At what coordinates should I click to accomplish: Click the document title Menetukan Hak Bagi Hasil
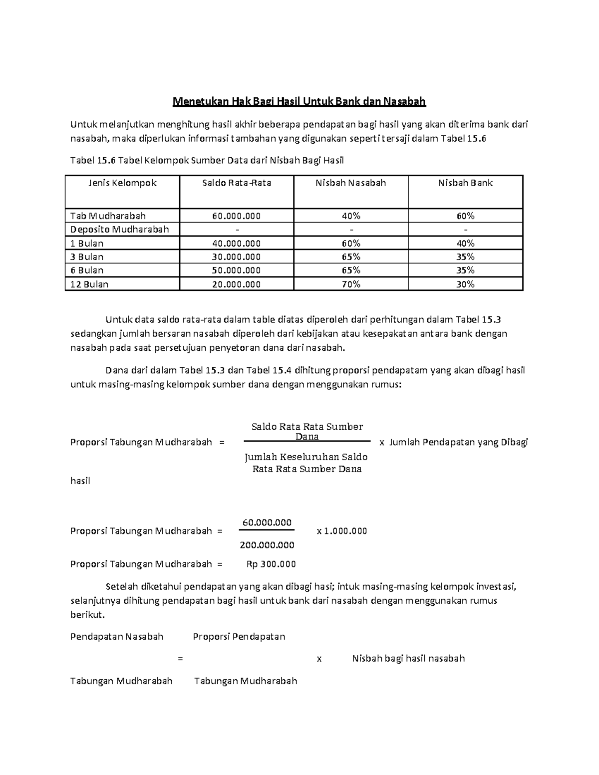coord(299,102)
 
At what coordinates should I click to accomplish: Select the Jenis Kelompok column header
coord(122,183)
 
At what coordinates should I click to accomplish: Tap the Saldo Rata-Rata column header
coord(237,183)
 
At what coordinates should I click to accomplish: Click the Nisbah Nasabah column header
coord(350,183)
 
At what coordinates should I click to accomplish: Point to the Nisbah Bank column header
coord(465,183)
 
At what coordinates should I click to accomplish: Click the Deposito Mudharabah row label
coord(120,230)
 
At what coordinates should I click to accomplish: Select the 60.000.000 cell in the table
coord(237,216)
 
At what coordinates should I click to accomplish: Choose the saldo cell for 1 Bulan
coord(237,244)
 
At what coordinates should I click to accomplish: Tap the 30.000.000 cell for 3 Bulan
coord(237,257)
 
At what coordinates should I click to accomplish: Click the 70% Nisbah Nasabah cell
coord(350,284)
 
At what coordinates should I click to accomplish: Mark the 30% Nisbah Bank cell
coord(465,284)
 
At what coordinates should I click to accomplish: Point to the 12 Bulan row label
coord(89,284)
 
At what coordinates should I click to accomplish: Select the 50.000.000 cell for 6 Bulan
coord(237,270)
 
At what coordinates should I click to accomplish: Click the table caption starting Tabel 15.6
coord(207,160)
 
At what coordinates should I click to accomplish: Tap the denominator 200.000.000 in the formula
coord(267,545)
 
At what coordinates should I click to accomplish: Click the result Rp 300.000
coord(271,564)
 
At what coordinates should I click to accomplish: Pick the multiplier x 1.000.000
coord(342,531)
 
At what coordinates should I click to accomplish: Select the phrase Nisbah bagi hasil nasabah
coord(408,658)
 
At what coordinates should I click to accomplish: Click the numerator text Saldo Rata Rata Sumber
coord(307,427)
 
